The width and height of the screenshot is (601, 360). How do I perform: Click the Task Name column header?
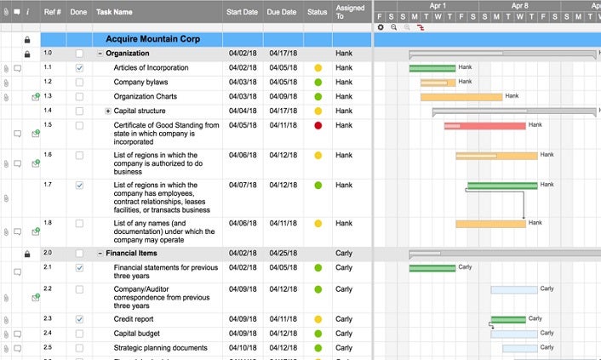114,13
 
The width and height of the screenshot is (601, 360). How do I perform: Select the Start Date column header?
243,13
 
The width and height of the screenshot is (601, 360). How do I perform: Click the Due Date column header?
281,13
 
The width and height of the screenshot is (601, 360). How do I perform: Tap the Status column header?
318,13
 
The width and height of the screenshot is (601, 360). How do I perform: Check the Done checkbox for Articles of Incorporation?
79,67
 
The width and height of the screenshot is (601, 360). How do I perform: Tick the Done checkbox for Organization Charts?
79,97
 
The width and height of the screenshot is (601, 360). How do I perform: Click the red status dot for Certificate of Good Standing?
318,126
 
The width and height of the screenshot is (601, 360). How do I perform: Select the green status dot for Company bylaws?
318,83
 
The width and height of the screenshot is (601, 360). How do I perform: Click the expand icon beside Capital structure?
108,111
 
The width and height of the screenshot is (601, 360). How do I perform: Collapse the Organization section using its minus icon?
100,54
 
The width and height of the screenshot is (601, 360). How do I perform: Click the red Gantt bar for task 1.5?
484,126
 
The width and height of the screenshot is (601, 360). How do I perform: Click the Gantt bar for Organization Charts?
461,97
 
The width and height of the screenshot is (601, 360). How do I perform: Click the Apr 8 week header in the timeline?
519,5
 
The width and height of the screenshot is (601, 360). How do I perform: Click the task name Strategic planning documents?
161,348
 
